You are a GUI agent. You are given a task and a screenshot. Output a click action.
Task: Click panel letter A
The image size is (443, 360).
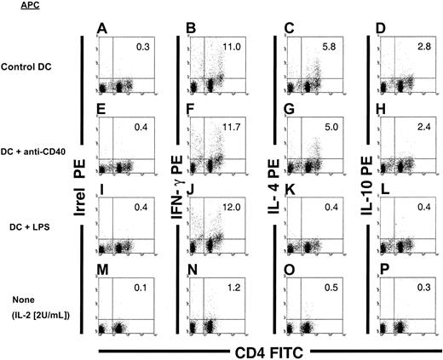click(102, 29)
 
